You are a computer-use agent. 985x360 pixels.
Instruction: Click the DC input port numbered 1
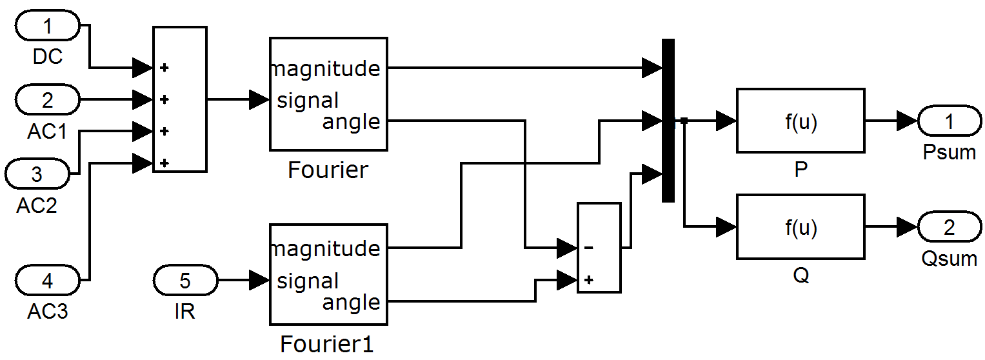48,26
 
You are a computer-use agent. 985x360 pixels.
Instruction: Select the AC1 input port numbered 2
48,100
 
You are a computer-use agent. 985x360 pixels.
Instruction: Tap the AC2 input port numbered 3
37,174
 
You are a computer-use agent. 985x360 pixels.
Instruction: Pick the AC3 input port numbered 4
48,280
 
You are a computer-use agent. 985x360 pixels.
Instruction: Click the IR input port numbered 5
185,280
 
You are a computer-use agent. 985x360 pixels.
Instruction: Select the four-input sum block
180,99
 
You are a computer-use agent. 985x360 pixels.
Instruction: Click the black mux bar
668,121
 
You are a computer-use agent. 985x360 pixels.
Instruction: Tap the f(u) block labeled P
801,121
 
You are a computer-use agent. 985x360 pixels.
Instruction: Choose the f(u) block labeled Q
801,227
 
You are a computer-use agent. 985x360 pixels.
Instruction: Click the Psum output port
950,121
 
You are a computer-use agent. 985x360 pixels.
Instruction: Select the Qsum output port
950,227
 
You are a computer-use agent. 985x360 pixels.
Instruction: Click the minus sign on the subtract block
589,248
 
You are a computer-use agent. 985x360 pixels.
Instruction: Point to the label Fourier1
327,344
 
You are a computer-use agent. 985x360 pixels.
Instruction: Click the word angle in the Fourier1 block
351,303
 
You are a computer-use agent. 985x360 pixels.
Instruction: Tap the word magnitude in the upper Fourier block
326,68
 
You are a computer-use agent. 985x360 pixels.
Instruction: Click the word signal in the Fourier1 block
308,281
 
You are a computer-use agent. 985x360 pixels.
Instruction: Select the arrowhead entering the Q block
726,227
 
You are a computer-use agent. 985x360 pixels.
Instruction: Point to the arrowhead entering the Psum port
908,121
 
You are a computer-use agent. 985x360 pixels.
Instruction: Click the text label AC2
37,205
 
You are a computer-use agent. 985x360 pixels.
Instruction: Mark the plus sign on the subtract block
589,279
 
